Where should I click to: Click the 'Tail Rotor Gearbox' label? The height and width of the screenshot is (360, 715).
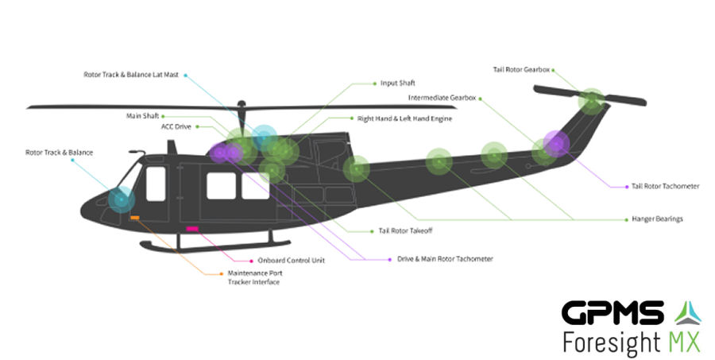(x=520, y=69)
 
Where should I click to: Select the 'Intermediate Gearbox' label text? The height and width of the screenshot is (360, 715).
(x=442, y=98)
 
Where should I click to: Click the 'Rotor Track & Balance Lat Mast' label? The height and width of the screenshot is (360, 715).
(x=132, y=74)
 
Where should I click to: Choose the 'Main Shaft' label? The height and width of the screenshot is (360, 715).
(x=142, y=115)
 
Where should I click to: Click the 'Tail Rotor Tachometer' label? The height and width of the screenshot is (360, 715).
(x=665, y=186)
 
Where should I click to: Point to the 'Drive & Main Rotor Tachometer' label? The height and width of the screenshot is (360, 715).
(x=445, y=258)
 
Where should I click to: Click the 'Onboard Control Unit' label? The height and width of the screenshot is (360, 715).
(x=291, y=260)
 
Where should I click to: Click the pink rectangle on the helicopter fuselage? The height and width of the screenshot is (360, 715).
(x=191, y=229)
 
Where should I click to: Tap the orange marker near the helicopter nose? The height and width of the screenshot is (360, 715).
(x=135, y=217)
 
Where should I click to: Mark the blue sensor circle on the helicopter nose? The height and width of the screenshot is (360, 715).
(x=122, y=199)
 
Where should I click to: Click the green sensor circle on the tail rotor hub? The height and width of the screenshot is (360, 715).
(x=590, y=101)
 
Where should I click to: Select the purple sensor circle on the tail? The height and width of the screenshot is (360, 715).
(x=556, y=144)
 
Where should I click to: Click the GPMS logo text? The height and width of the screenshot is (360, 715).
(x=612, y=313)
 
